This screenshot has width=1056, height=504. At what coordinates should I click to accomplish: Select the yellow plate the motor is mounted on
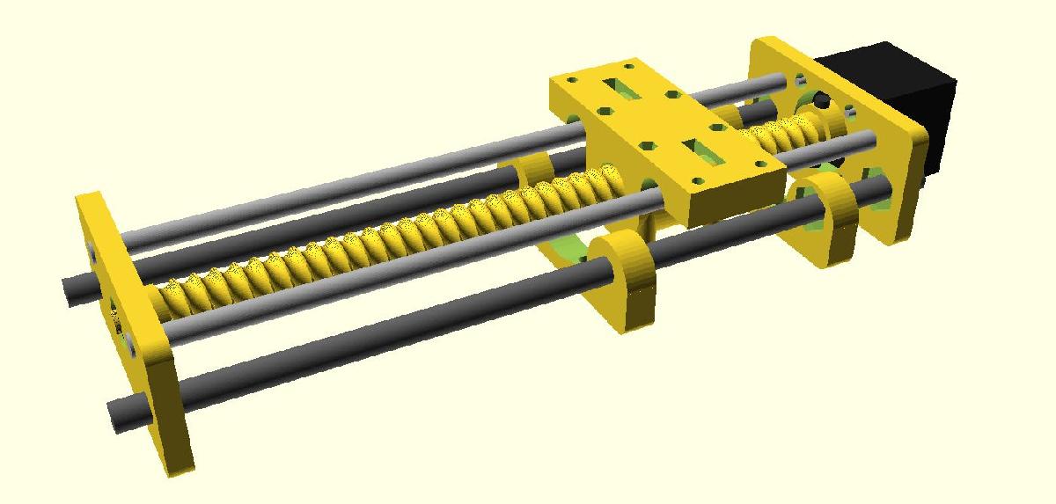pyautogui.click(x=889, y=176)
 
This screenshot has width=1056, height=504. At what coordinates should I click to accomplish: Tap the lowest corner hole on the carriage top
pyautogui.click(x=699, y=186)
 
